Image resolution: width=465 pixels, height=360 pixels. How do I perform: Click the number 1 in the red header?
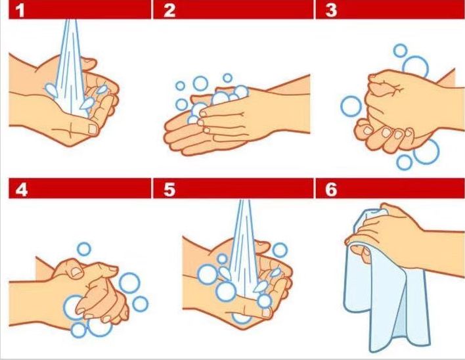point(20,10)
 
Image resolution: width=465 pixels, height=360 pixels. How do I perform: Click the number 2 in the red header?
point(169,10)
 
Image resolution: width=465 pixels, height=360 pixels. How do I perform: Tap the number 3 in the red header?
point(331,10)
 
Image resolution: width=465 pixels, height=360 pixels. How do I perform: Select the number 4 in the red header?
point(22,189)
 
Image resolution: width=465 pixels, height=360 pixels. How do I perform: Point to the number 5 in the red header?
point(169,189)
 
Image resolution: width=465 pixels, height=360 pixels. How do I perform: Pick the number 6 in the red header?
point(331,189)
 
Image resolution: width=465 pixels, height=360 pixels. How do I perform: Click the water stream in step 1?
point(70,68)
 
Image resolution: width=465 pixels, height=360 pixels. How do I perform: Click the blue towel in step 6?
point(386,296)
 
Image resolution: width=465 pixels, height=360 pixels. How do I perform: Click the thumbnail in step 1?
point(93,129)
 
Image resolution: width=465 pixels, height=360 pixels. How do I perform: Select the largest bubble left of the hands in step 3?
point(351,106)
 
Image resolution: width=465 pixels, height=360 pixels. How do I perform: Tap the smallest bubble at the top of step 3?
point(400,51)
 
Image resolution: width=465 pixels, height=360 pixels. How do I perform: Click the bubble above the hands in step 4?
point(84,249)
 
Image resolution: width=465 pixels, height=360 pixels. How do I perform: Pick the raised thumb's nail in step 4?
point(76,271)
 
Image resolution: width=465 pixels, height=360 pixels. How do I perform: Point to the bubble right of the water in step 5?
point(280,250)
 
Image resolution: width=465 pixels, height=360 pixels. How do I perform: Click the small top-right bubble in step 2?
point(227,78)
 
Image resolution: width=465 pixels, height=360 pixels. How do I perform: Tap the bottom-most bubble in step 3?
point(405,162)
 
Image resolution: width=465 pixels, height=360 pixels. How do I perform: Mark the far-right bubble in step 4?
point(140,304)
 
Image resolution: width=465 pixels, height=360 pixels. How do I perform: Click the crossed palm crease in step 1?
point(70,130)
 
